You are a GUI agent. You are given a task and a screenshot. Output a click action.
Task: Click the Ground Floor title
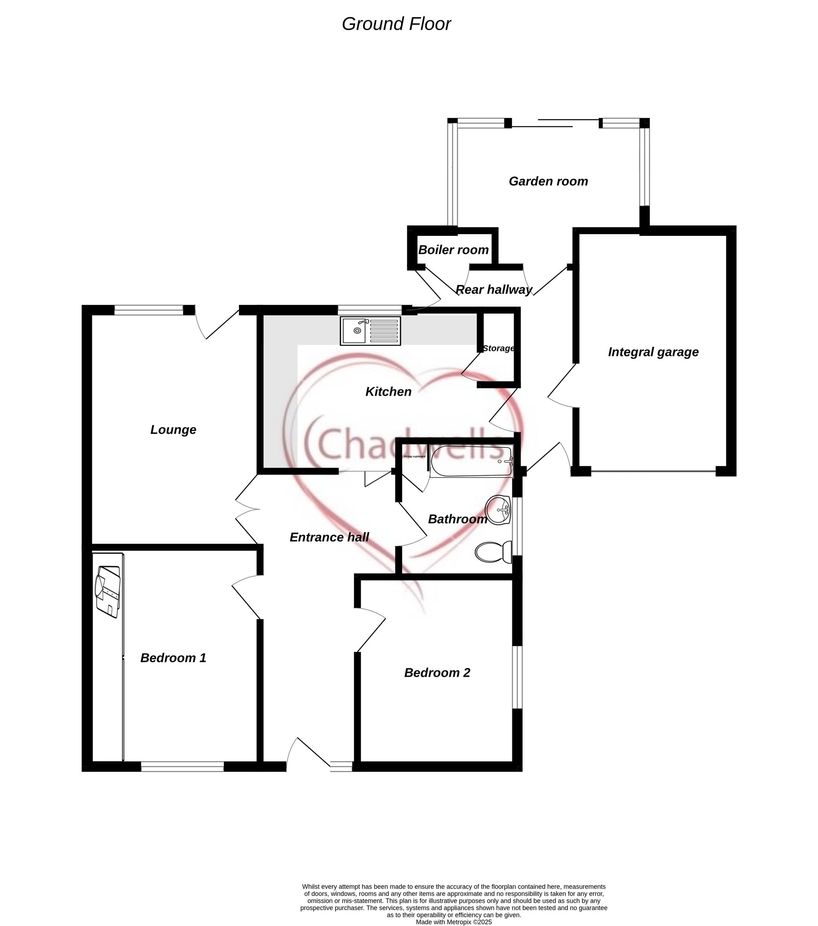pyautogui.click(x=396, y=24)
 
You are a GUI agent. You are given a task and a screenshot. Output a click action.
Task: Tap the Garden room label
pyautogui.click(x=548, y=181)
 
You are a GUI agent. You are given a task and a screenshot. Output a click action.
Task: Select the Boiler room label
pyautogui.click(x=453, y=250)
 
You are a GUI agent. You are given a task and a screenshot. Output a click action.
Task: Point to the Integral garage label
pyautogui.click(x=653, y=352)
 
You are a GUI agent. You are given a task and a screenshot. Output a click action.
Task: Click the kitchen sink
pyautogui.click(x=370, y=331)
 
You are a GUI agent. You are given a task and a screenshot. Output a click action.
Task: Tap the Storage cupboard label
pyautogui.click(x=498, y=348)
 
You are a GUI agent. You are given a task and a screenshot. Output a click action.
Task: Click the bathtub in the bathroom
pyautogui.click(x=471, y=461)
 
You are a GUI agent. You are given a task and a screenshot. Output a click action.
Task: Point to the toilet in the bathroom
pyautogui.click(x=493, y=552)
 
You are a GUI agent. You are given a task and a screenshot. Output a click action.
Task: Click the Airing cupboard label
pyautogui.click(x=414, y=456)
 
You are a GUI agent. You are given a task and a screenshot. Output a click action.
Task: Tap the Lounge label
pyautogui.click(x=173, y=430)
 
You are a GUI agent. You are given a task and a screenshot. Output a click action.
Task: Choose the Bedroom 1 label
pyautogui.click(x=173, y=658)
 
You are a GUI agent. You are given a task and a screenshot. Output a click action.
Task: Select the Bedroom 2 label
pyautogui.click(x=437, y=673)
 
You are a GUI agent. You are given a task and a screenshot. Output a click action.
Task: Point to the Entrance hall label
pyautogui.click(x=329, y=537)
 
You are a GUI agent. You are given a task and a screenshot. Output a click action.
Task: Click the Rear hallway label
pyautogui.click(x=493, y=289)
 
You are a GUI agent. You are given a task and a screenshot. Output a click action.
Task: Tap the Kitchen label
pyautogui.click(x=388, y=391)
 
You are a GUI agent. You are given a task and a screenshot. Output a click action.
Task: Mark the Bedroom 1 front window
pyautogui.click(x=182, y=767)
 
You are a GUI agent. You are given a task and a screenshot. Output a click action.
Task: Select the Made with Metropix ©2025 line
pyautogui.click(x=454, y=922)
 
